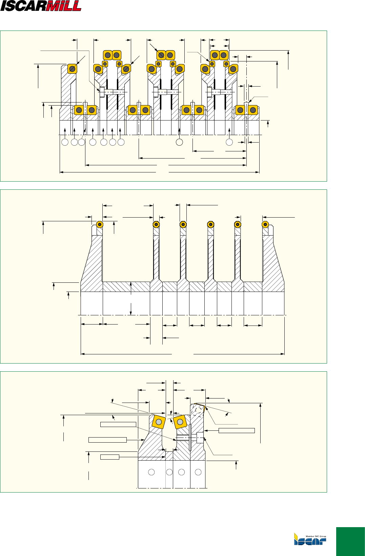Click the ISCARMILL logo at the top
[41, 6]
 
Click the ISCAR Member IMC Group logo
[310, 539]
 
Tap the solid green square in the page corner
[350, 541]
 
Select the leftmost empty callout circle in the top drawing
[65, 142]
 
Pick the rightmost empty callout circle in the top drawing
[229, 142]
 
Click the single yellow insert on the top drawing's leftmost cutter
[72, 69]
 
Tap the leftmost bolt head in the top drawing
[102, 92]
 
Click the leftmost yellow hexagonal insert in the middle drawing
[100, 224]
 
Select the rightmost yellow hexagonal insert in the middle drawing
[265, 225]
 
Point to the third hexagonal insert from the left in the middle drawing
[183, 225]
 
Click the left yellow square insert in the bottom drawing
[159, 422]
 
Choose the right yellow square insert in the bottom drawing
[180, 422]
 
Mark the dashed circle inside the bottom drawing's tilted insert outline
[198, 410]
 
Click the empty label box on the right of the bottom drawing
[237, 431]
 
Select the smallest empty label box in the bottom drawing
[110, 457]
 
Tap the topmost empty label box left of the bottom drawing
[118, 424]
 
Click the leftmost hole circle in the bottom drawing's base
[151, 472]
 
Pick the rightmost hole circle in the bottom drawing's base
[198, 472]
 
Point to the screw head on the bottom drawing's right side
[200, 438]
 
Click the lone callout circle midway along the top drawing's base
[179, 142]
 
